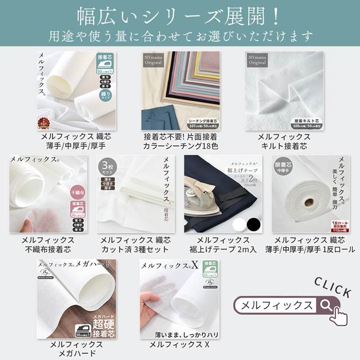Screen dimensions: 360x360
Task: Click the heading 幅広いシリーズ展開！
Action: tap(179, 14)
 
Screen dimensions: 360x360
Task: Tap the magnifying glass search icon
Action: tap(326, 305)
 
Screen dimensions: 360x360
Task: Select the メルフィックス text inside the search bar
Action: tap(277, 305)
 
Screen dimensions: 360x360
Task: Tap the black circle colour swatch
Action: tap(253, 222)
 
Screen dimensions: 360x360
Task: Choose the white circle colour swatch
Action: tap(238, 222)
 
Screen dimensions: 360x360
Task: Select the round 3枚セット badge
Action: tap(107, 166)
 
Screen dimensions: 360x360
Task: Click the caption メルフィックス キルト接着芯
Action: tap(284, 142)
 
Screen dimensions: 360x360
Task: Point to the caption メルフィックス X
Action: tap(179, 345)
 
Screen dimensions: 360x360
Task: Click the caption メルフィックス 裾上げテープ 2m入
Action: tap(223, 245)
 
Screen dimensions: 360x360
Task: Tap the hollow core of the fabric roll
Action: tap(309, 203)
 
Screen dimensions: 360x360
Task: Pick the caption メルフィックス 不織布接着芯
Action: tap(48, 245)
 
